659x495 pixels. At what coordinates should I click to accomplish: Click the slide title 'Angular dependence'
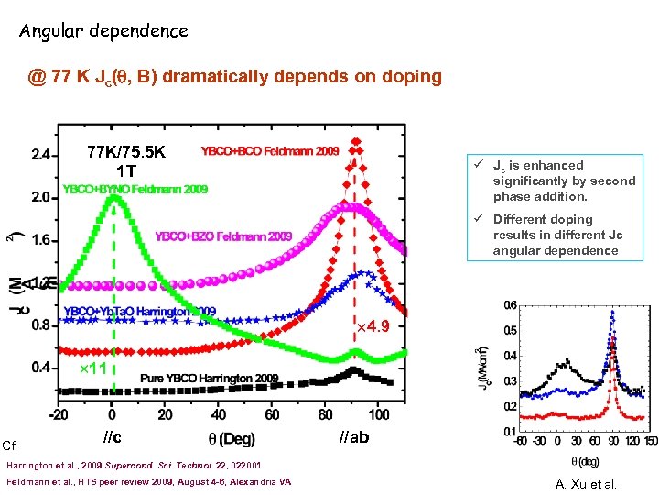tap(103, 31)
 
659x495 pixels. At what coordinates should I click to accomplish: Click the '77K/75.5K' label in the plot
tap(126, 152)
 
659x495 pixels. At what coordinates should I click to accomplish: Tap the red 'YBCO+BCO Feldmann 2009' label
tap(270, 151)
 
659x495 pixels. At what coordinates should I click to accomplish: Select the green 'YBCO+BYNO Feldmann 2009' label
tap(135, 190)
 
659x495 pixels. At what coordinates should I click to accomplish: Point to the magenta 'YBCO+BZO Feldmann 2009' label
tap(223, 236)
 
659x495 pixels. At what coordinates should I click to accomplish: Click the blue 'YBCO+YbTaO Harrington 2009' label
tap(140, 311)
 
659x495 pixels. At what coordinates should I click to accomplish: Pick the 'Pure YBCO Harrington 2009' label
tap(210, 378)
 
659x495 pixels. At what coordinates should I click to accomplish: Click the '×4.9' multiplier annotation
tap(373, 326)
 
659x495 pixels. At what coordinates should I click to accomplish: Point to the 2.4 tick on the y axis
tap(39, 155)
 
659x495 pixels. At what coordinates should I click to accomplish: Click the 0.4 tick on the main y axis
tap(39, 368)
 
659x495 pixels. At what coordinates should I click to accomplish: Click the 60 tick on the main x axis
tap(272, 414)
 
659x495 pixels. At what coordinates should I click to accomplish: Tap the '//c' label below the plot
tap(113, 436)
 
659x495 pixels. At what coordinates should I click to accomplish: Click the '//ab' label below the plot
tap(354, 436)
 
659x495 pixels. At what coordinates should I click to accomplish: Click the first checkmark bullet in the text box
tap(479, 165)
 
